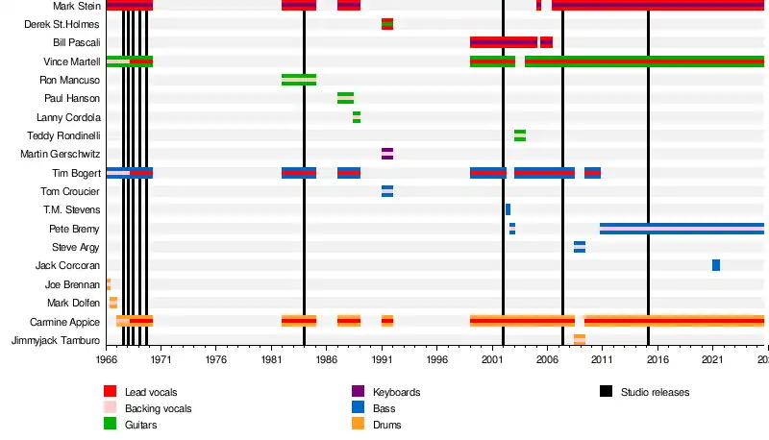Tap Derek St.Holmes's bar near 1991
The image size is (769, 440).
coord(387,24)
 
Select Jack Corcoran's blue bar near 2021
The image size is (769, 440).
coord(716,265)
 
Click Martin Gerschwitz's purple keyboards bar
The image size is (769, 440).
coord(387,154)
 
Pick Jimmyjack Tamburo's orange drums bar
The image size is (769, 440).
coord(580,340)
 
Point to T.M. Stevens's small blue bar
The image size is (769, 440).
coord(508,209)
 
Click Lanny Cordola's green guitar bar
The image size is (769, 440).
coord(357,117)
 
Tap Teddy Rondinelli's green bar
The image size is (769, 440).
coord(520,135)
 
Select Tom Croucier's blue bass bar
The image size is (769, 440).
coord(387,191)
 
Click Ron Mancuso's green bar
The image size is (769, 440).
coord(299,80)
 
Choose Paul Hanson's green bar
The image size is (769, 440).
coord(346,98)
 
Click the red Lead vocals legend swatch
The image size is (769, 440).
coord(110,392)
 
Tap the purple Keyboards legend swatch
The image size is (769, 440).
coord(358,392)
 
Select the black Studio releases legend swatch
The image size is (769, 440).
coord(606,392)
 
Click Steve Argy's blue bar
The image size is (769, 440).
coord(580,247)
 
